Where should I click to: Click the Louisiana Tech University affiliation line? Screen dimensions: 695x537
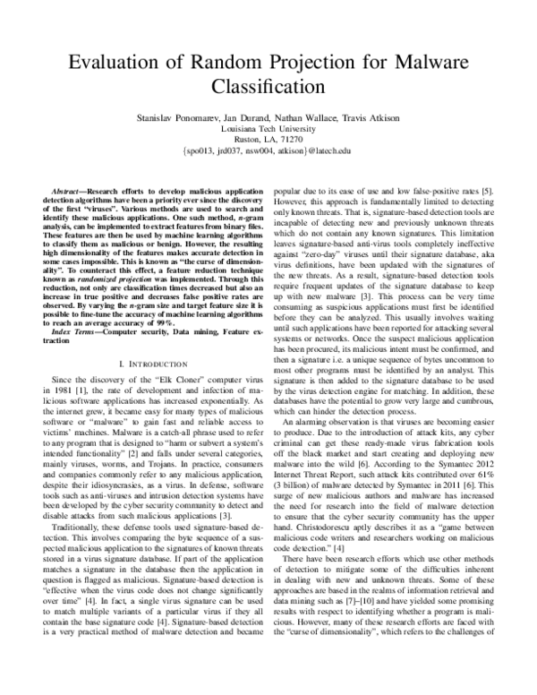pos(268,128)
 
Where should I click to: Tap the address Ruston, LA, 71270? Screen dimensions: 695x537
pos(268,140)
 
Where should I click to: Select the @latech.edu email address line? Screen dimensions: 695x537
pos(268,151)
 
